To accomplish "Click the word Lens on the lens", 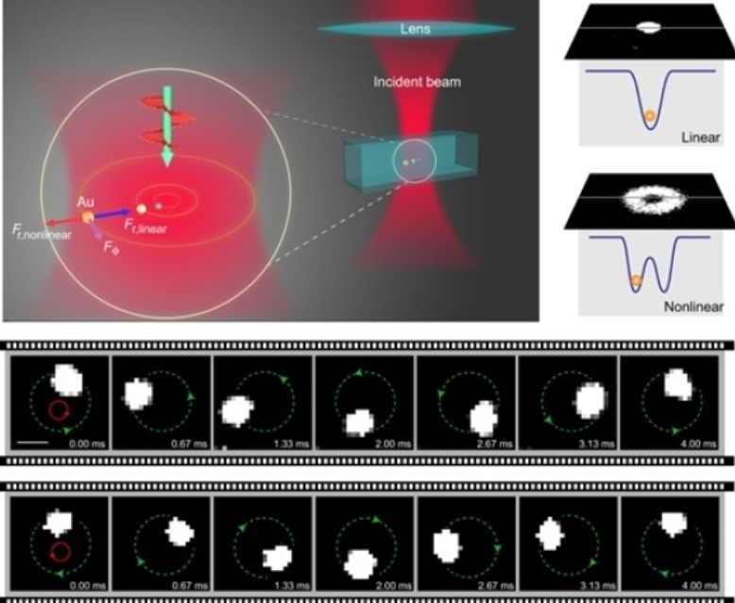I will coord(416,29).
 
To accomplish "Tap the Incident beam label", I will coord(416,82).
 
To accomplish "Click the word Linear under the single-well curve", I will coord(700,137).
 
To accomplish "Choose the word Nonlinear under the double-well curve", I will coord(693,307).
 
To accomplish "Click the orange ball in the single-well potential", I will coord(649,117).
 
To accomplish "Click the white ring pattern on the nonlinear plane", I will coord(649,202).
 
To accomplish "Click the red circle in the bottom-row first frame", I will coord(60,551).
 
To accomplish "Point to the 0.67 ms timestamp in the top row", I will coord(185,443).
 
